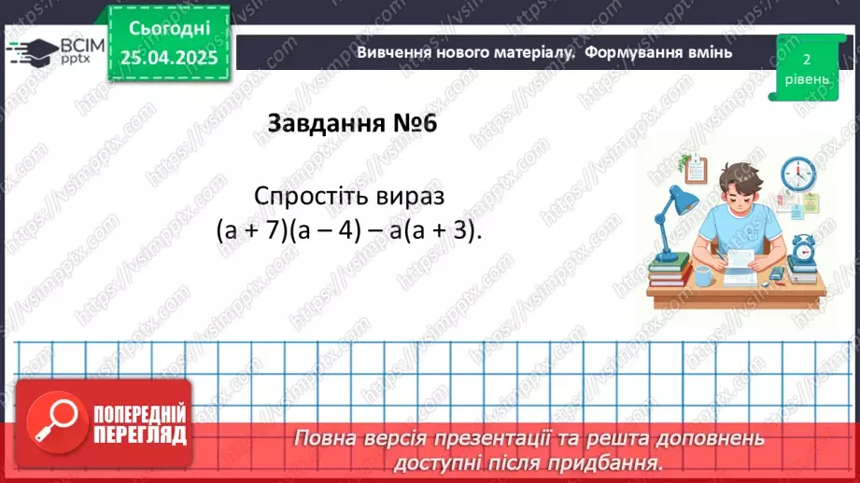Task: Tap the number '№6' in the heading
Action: [x=413, y=124]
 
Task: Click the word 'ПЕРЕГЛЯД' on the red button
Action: [x=140, y=435]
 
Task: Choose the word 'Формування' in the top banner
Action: [x=631, y=52]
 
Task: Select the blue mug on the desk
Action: [x=703, y=275]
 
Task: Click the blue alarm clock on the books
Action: [x=803, y=250]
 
